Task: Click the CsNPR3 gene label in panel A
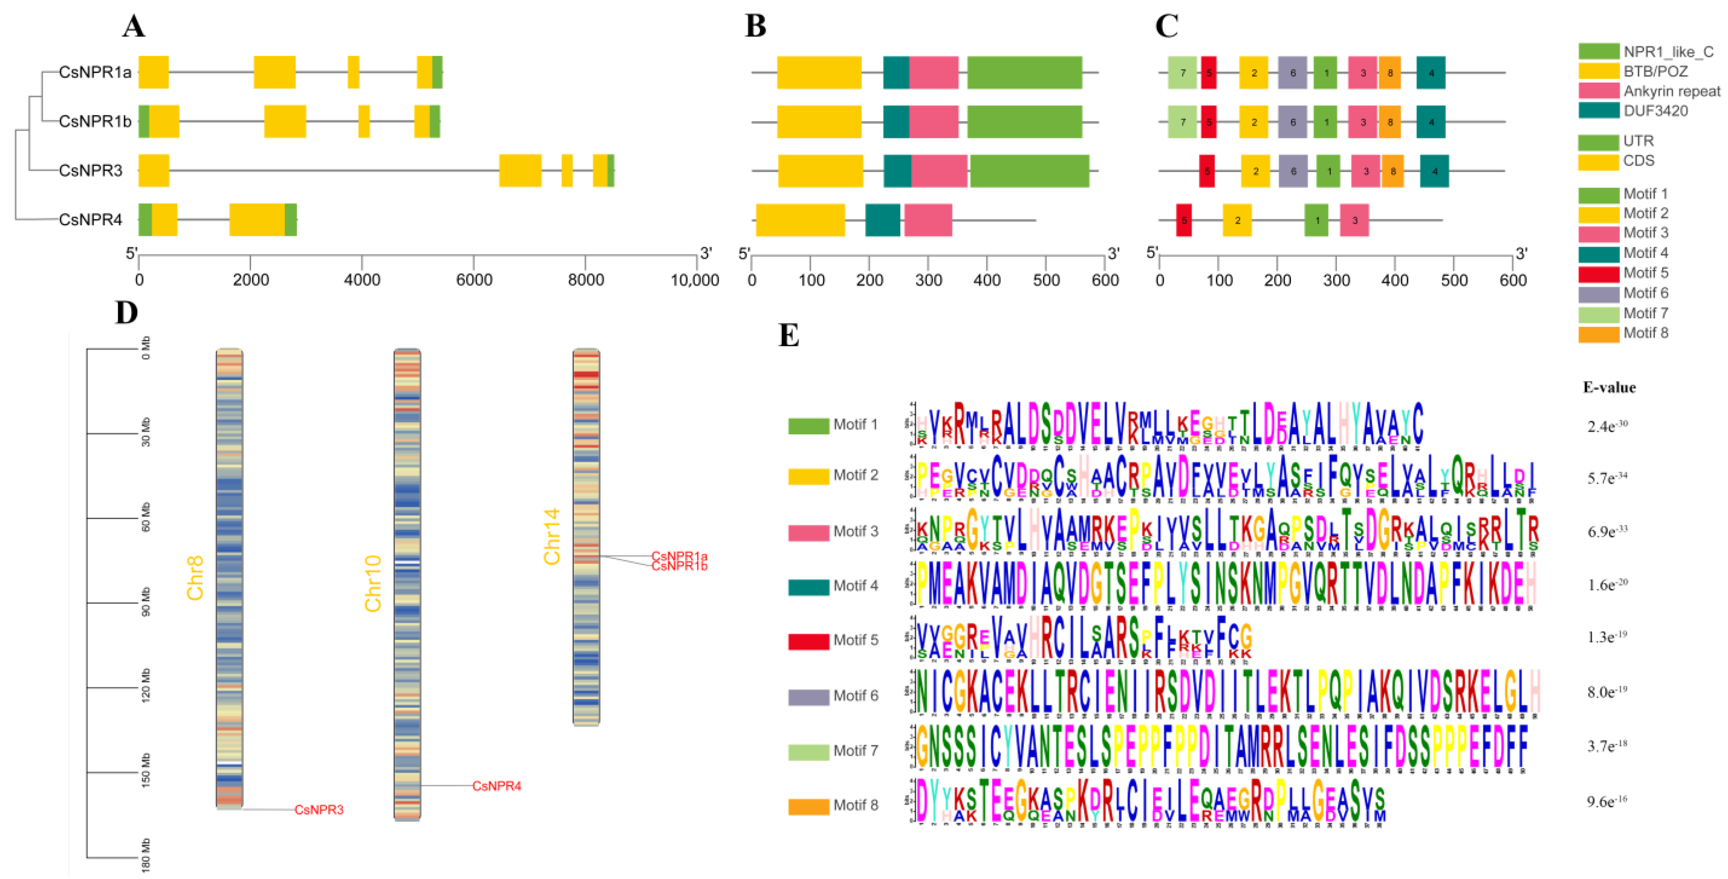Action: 91,170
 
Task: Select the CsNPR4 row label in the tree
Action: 91,220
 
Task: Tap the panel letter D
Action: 127,313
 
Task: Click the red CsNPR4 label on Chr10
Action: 496,786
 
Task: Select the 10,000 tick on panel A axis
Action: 695,280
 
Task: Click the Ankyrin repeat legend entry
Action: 1671,91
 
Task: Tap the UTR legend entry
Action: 1638,141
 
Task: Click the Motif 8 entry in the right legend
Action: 1645,333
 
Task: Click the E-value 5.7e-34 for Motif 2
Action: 1607,478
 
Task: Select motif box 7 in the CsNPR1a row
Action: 1183,73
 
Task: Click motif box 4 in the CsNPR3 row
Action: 1434,171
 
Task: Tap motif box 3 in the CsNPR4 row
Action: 1354,220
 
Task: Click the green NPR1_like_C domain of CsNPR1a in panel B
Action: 1024,73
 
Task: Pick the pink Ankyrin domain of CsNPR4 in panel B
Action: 928,220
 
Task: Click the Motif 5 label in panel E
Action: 855,640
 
